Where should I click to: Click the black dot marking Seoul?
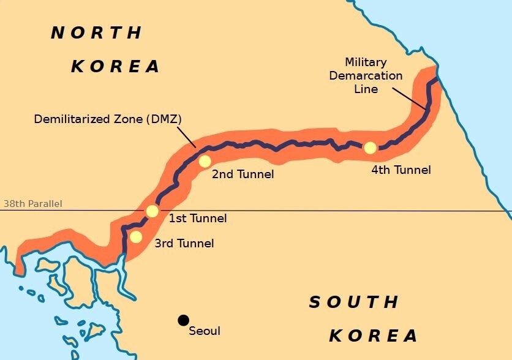(x=183, y=320)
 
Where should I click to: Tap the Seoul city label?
(x=205, y=331)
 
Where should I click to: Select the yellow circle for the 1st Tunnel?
(x=152, y=211)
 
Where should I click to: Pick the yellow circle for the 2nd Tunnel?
(x=205, y=161)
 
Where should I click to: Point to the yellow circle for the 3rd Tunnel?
(x=136, y=236)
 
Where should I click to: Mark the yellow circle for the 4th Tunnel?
(x=370, y=148)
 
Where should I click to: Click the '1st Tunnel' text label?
(x=198, y=219)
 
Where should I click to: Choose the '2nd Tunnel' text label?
(x=243, y=174)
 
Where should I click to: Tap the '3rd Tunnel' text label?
(x=184, y=244)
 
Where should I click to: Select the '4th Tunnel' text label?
(x=401, y=170)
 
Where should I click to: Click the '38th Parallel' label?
(x=32, y=204)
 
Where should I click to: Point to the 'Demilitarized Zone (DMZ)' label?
(x=108, y=119)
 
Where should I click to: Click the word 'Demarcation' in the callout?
(x=366, y=76)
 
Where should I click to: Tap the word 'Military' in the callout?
(x=366, y=62)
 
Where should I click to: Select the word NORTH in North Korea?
(x=97, y=33)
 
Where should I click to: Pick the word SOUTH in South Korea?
(x=354, y=302)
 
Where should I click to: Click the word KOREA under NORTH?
(x=116, y=66)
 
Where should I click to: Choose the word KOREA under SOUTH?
(x=374, y=336)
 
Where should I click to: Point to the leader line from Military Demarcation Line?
(x=409, y=98)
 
